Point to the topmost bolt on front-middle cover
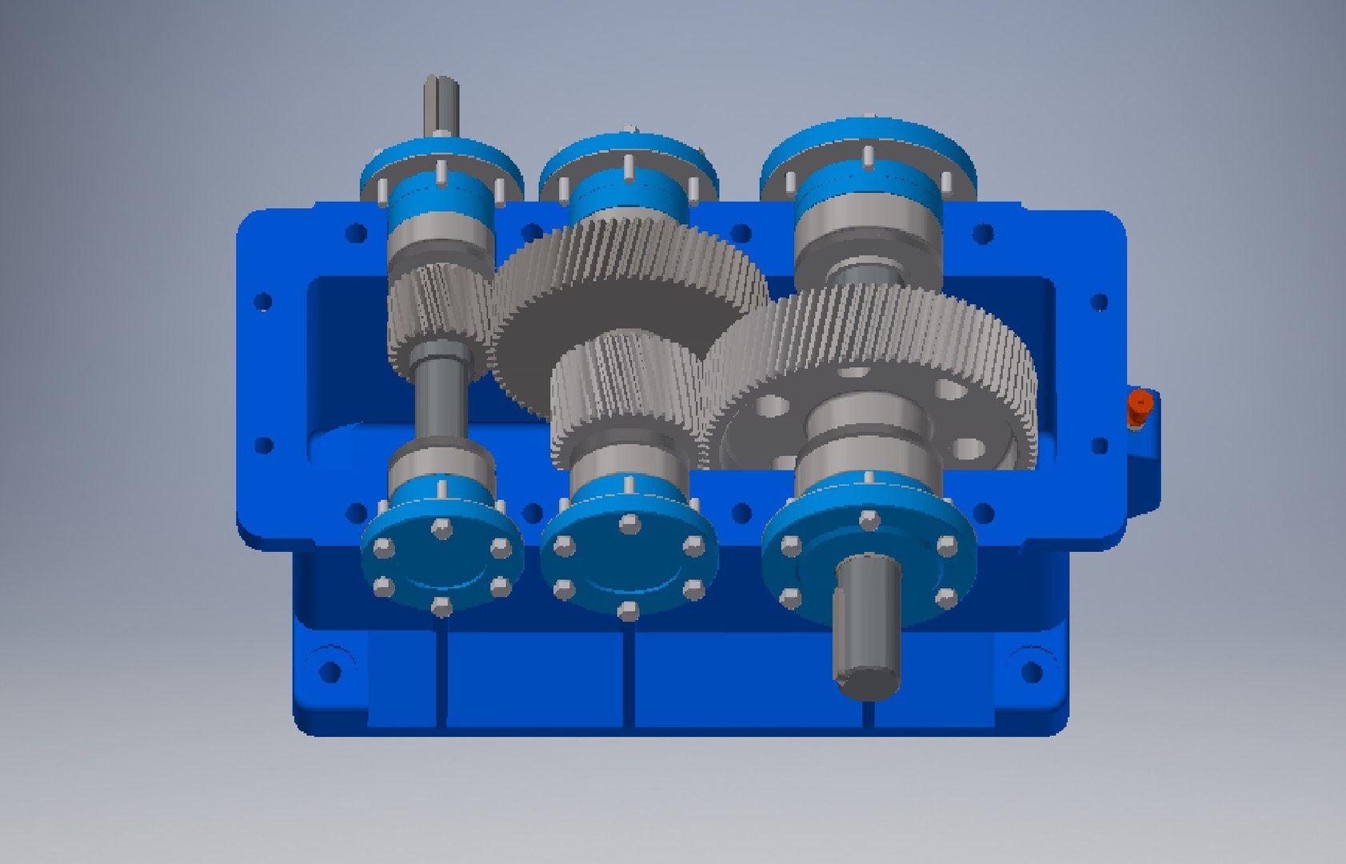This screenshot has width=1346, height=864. click(628, 524)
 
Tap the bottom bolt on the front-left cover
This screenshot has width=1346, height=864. click(441, 606)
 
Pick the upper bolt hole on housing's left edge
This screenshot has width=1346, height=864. click(263, 302)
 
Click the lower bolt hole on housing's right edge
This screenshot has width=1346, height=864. click(1100, 445)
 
